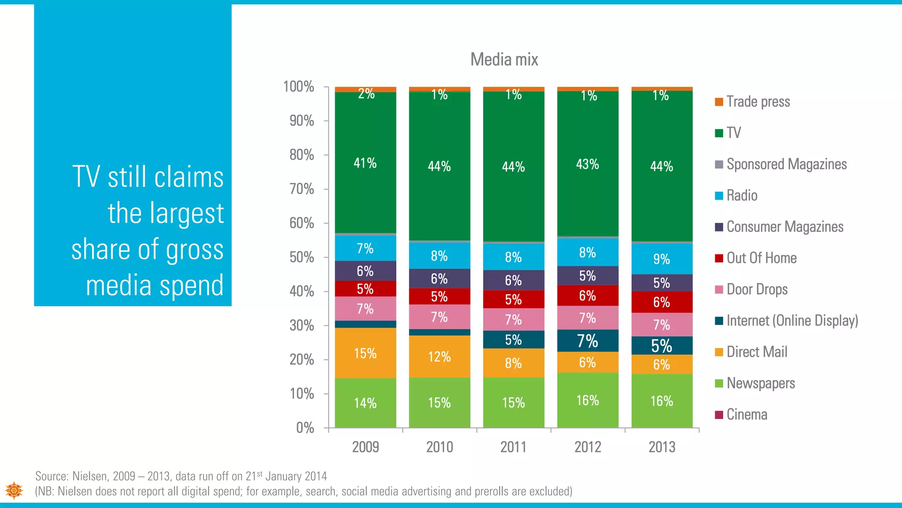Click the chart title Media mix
504,60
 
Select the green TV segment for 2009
365,163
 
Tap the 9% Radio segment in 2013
662,259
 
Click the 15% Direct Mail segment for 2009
365,353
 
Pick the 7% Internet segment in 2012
588,341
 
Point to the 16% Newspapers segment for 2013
662,401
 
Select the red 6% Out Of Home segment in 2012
588,295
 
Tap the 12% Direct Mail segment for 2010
439,356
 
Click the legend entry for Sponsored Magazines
786,164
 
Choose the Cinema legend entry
747,415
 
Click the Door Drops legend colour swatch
719,290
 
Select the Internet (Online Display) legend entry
792,321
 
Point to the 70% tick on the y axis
302,189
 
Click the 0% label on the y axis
305,428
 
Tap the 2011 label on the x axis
513,447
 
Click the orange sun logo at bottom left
14,490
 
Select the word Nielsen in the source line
89,476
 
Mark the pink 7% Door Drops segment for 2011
513,320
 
